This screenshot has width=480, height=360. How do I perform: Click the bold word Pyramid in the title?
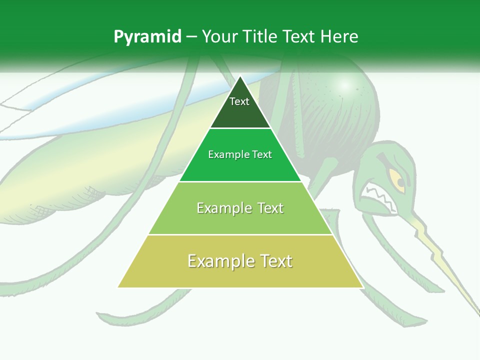(x=147, y=37)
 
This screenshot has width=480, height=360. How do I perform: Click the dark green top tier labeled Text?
(x=240, y=112)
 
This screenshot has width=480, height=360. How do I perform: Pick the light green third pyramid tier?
(x=240, y=220)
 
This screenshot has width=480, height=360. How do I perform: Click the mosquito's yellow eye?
(x=397, y=180)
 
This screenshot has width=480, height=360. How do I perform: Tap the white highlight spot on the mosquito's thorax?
(x=344, y=85)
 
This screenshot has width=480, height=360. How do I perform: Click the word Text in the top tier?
(x=239, y=101)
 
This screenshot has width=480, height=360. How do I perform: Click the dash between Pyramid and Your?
(x=191, y=37)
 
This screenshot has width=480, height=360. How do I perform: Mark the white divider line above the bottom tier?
(x=240, y=234)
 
